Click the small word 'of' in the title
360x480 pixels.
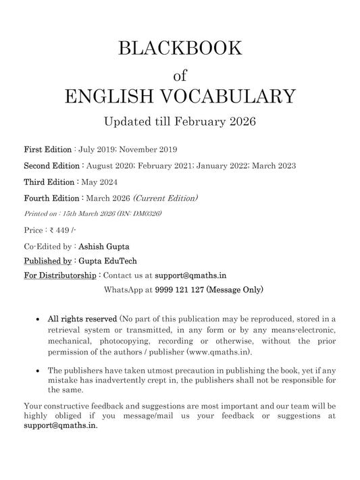[x=180, y=72]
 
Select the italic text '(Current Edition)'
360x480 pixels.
[x=166, y=198]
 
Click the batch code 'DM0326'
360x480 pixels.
[x=147, y=214]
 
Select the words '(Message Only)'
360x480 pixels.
[x=234, y=290]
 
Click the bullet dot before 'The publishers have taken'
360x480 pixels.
[x=36, y=371]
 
